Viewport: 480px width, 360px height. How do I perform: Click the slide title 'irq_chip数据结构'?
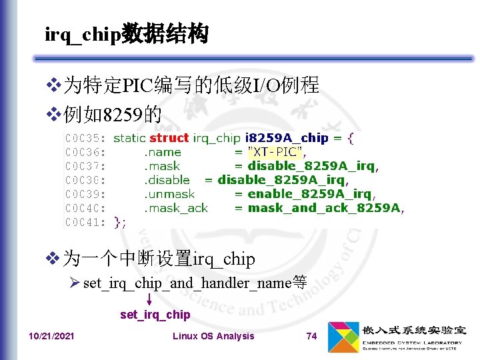(127, 34)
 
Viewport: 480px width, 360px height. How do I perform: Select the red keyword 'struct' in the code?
(169, 138)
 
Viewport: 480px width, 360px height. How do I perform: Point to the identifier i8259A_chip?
(287, 138)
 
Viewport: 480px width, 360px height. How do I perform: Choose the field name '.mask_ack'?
(176, 208)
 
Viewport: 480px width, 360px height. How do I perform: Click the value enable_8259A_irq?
(309, 194)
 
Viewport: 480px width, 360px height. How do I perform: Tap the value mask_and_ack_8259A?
(324, 208)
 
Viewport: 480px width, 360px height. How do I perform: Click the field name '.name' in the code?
(163, 152)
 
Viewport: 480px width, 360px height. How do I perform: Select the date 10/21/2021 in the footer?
(51, 336)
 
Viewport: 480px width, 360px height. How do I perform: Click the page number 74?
(311, 336)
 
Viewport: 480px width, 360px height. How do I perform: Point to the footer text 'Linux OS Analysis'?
(213, 336)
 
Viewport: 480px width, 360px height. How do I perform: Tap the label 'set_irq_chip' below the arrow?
(155, 315)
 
